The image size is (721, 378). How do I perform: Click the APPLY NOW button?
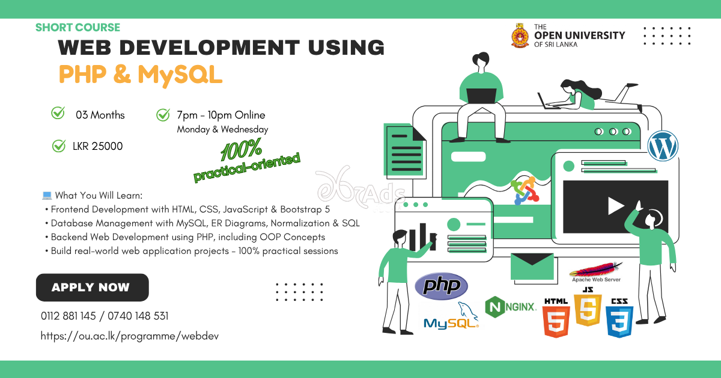click(92, 287)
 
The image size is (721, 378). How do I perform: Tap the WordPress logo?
click(663, 146)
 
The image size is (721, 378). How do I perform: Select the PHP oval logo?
click(441, 286)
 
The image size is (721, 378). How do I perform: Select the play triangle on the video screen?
click(615, 206)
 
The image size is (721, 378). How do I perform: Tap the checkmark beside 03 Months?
click(58, 113)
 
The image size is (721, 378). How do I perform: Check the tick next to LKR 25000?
click(59, 145)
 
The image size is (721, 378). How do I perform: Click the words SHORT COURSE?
click(78, 27)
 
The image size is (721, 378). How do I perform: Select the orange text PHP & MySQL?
click(141, 74)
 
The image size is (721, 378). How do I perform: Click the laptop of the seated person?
click(481, 95)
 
